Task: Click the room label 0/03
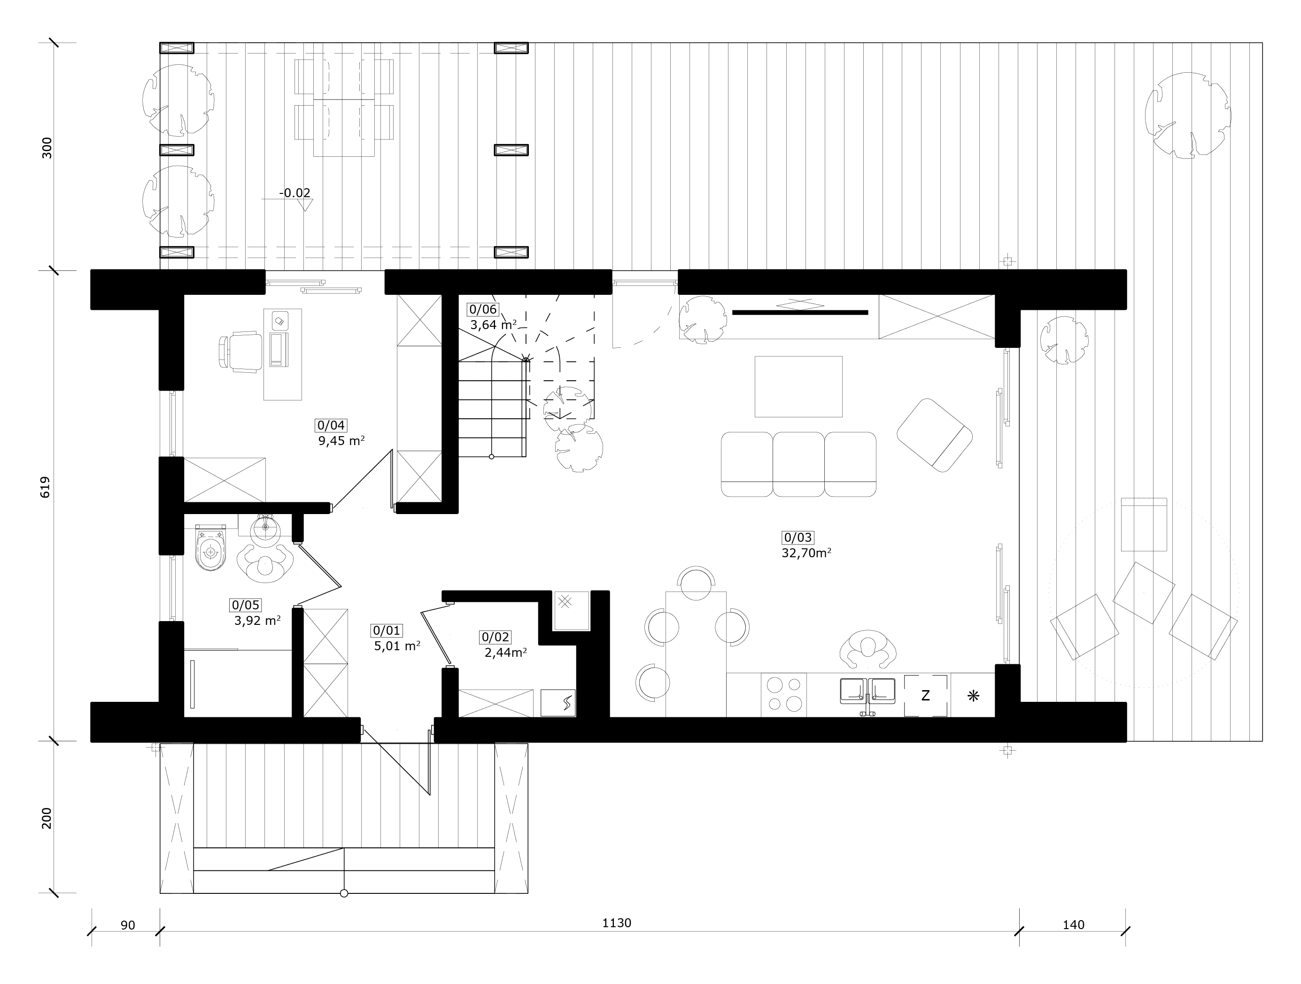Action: click(798, 537)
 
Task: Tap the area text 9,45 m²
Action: click(341, 440)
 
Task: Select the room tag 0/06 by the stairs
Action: click(483, 309)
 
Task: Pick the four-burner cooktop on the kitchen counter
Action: click(784, 694)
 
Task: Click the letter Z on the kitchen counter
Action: click(925, 695)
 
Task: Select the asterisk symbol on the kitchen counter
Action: click(973, 696)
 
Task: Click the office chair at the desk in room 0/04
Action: click(240, 352)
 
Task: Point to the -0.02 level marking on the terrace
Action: click(294, 193)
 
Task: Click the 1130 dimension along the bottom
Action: click(616, 923)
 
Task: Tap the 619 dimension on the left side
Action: click(45, 487)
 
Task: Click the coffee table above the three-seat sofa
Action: click(798, 386)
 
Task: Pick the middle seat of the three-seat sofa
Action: click(798, 464)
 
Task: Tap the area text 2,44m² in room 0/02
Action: click(505, 652)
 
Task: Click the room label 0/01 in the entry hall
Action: click(387, 630)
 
